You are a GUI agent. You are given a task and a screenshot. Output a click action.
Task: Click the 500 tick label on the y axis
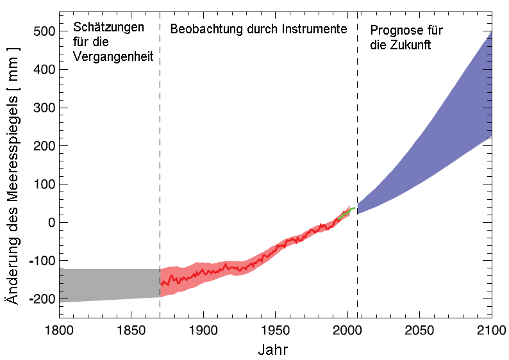point(43,31)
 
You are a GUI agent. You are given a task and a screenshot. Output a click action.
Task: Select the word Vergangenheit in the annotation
point(113,56)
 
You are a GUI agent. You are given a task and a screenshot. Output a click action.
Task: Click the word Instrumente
point(314,29)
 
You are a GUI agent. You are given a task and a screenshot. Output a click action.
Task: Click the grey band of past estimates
point(109,285)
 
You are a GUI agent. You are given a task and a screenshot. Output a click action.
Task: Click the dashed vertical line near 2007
point(357,128)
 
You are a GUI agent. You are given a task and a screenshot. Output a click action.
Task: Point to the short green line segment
point(347,212)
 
